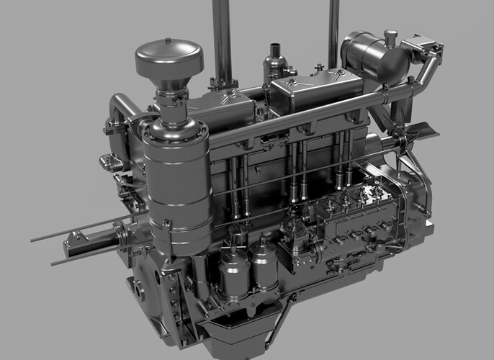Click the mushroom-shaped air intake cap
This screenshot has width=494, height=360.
169,58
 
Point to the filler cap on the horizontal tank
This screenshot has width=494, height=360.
390,36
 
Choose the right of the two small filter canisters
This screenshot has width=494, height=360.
264,266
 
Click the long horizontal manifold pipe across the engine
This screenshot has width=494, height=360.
302,119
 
